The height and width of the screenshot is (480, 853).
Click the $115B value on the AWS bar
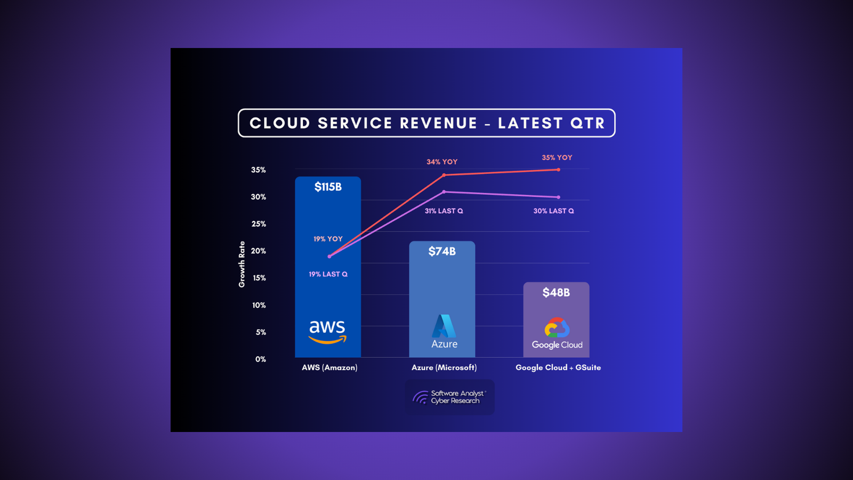(x=328, y=187)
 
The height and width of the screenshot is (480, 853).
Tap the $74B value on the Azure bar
(x=442, y=251)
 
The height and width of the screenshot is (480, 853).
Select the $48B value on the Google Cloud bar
(x=556, y=292)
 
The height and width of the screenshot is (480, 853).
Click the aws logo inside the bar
(x=327, y=331)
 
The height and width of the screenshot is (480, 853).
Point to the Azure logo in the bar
(x=444, y=332)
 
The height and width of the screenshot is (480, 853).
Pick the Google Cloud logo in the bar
(x=557, y=334)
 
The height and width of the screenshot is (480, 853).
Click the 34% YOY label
(x=442, y=162)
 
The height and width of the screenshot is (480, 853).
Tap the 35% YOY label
(x=557, y=157)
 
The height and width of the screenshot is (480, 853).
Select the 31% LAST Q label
(x=444, y=211)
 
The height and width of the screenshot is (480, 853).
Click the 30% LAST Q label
(x=553, y=211)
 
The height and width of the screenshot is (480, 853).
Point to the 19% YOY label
(x=328, y=239)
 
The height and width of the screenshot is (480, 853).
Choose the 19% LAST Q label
(x=328, y=274)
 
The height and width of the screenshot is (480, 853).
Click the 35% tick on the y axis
(x=259, y=170)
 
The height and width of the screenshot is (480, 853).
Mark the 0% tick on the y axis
(x=260, y=359)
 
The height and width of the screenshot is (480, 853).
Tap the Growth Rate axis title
(x=242, y=264)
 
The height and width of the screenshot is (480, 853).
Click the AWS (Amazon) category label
(x=329, y=367)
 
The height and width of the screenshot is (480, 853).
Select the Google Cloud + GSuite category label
(x=558, y=367)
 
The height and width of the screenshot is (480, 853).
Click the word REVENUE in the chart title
(x=438, y=123)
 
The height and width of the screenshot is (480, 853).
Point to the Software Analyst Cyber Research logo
(x=449, y=397)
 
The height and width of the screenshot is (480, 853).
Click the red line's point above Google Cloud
(x=558, y=170)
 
